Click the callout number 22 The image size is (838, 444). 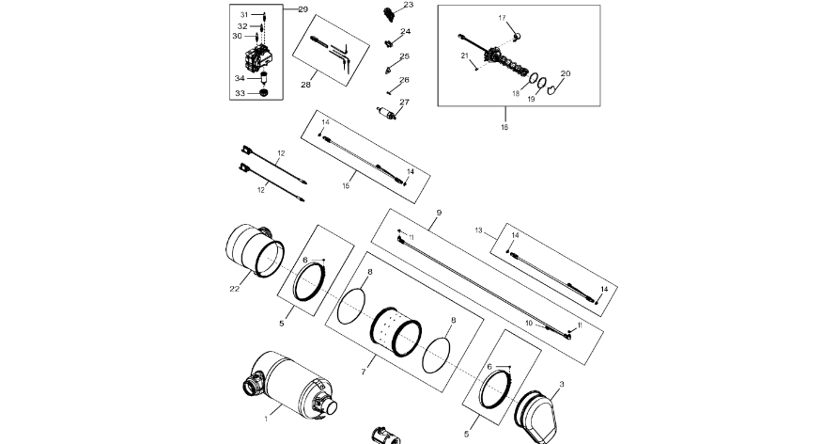(x=234, y=289)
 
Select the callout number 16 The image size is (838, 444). (x=504, y=127)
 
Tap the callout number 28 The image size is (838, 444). (x=305, y=86)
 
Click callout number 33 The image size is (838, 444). (x=240, y=93)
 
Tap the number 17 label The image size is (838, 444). (x=502, y=18)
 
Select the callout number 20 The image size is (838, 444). (x=565, y=73)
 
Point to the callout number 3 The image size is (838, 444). (x=562, y=383)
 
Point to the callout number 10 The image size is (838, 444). (x=529, y=324)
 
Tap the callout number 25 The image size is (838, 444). (x=405, y=55)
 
